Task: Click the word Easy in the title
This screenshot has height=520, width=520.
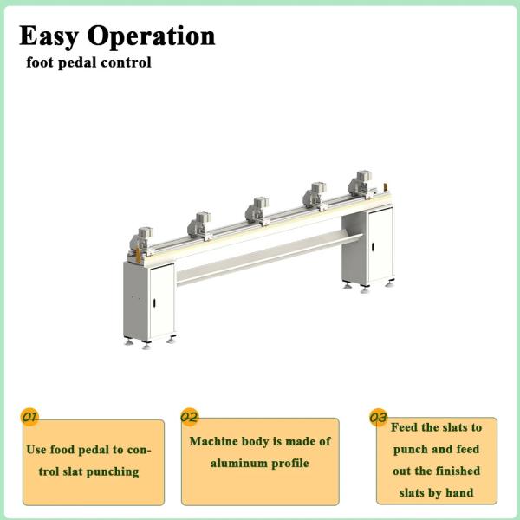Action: tap(50, 36)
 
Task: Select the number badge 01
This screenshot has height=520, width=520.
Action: tap(29, 417)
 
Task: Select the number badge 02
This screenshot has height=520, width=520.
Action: tap(189, 417)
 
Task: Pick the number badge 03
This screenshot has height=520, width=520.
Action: tap(378, 418)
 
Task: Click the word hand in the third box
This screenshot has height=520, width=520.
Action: tap(458, 493)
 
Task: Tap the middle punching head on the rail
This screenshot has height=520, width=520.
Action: tap(256, 211)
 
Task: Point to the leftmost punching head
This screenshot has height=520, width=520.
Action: tap(143, 237)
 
